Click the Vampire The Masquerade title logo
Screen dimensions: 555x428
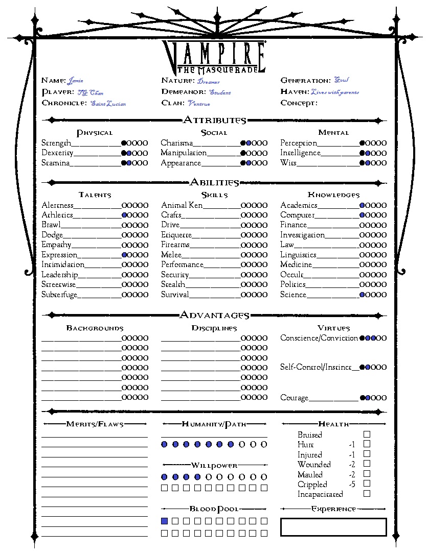214,56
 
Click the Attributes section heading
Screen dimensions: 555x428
214,120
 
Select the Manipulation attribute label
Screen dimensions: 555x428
184,153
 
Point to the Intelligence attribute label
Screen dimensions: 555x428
300,153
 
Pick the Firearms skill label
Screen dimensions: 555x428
175,245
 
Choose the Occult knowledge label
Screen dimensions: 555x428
291,275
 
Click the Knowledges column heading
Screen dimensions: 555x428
333,195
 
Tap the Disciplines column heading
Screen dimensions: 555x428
214,328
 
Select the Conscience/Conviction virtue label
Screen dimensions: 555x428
319,338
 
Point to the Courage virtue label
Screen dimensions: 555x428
294,398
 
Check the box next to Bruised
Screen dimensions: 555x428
367,434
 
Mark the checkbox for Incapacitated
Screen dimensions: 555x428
367,493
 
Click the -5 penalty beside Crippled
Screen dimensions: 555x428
352,484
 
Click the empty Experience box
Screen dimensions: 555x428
333,527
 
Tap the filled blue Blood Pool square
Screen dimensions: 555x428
165,521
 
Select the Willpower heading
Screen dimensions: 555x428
214,465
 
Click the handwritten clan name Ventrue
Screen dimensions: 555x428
199,104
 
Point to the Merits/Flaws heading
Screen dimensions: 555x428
95,424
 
